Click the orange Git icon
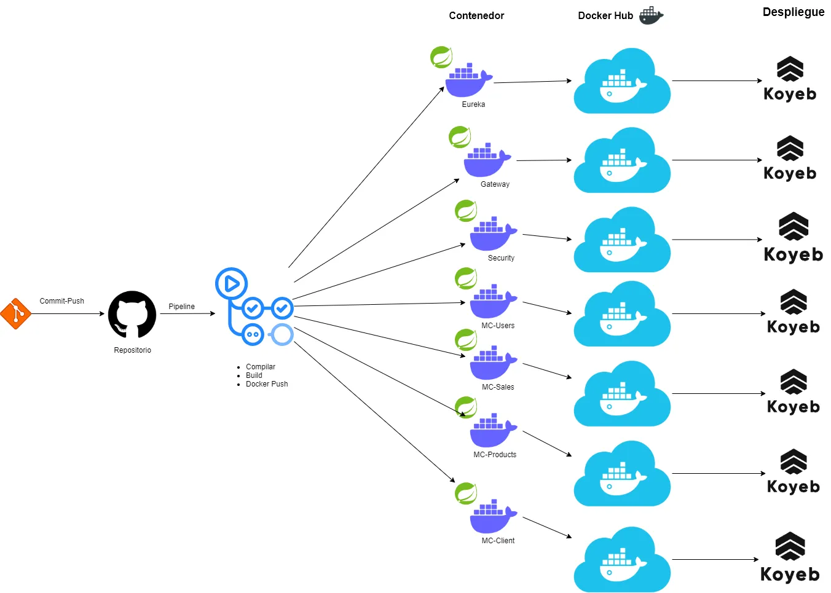tap(15, 314)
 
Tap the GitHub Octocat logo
tap(132, 314)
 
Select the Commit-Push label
tap(61, 301)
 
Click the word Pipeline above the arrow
tap(181, 307)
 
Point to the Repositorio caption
tap(132, 350)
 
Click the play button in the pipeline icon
tap(231, 283)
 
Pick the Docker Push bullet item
tap(267, 384)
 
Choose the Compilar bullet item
tap(261, 367)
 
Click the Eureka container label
tap(473, 104)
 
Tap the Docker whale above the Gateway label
tap(487, 160)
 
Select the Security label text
tap(501, 258)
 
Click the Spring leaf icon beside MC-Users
tap(466, 278)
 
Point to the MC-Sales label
tap(498, 387)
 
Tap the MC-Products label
tap(495, 455)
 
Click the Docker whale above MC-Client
tap(493, 517)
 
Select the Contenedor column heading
tap(476, 16)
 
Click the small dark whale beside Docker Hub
tap(651, 15)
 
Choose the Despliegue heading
tap(794, 12)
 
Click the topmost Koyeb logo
tap(790, 79)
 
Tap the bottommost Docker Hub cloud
tap(622, 560)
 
